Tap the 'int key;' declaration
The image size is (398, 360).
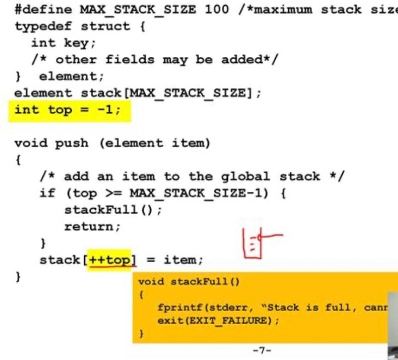click(63, 43)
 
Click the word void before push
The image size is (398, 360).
click(31, 143)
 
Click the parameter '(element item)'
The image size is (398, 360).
click(155, 143)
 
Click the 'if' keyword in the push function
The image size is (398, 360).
click(47, 193)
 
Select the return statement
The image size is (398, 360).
click(92, 227)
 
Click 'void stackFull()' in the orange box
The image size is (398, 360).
click(189, 282)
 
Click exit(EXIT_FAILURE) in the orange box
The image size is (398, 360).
click(218, 320)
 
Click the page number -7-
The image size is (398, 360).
click(261, 351)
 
